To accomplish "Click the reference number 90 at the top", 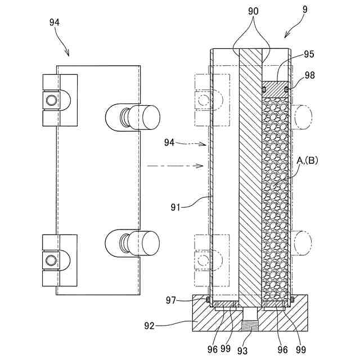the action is click(x=253, y=11).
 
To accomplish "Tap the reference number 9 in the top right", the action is click(x=305, y=9).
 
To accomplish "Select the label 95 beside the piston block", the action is click(x=309, y=54).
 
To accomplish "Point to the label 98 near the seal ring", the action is click(x=310, y=75).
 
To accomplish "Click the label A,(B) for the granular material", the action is click(x=307, y=161).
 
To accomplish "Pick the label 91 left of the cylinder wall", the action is click(x=175, y=208).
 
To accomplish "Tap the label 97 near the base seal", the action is click(x=171, y=300).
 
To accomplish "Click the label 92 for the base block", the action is click(x=149, y=326).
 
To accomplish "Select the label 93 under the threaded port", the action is click(x=242, y=350).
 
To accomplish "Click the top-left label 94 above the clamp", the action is click(x=55, y=22).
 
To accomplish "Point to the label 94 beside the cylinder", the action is click(x=169, y=142).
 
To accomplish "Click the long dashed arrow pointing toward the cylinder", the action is click(x=175, y=165).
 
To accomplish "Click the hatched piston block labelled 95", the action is click(x=275, y=89).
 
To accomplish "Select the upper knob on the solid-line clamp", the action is click(x=133, y=118).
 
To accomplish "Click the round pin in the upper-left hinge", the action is click(x=51, y=100).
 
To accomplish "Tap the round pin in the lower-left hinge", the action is click(x=51, y=260).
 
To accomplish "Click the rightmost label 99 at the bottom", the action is click(x=301, y=350).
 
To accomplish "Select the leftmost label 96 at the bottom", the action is click(x=213, y=350).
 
